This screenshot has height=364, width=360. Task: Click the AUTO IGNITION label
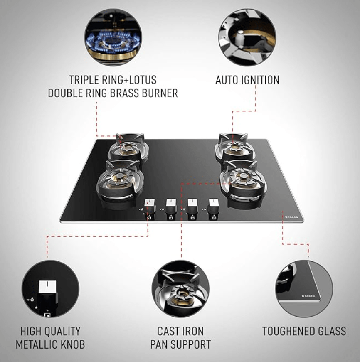[x=247, y=80]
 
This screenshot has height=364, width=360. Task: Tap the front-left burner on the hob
[x=120, y=182]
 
